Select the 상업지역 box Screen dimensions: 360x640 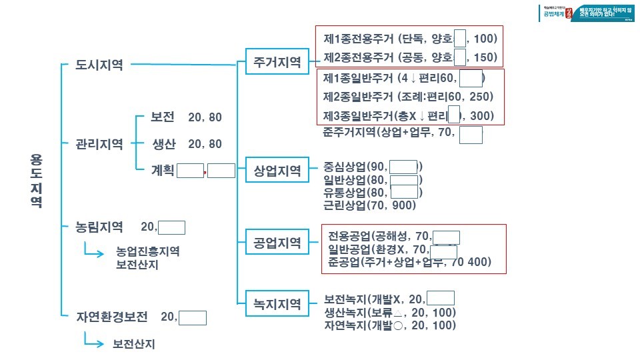pos(277,171)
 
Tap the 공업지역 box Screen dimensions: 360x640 pos(277,241)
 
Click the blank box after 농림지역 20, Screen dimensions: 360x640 pos(171,227)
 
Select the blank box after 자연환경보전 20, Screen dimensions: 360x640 pos(193,317)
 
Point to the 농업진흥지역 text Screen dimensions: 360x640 pos(147,251)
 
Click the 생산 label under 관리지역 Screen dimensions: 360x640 pos(163,143)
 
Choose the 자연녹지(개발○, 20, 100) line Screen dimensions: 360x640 pos(390,326)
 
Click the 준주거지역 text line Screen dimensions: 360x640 pos(389,131)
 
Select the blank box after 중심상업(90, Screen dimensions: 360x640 pos(403,167)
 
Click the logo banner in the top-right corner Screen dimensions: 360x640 pos(587,13)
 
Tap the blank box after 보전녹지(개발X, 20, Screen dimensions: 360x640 pos(441,299)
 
